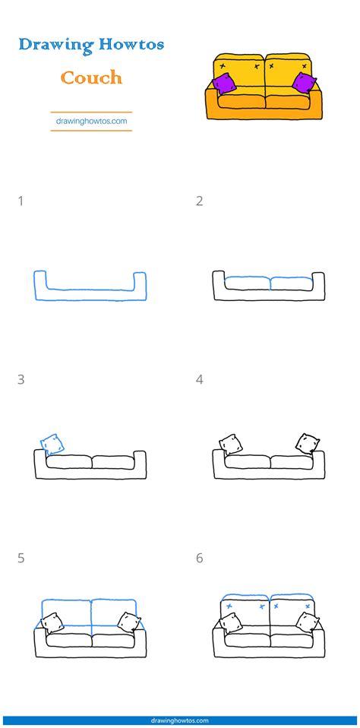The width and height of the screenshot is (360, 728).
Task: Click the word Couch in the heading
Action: [91, 77]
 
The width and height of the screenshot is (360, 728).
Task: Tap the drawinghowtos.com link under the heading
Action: [91, 119]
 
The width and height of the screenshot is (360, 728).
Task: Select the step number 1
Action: [21, 201]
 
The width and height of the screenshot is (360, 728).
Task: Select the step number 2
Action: [199, 201]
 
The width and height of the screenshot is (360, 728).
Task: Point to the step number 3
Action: [21, 379]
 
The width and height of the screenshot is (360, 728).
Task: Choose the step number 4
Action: [199, 379]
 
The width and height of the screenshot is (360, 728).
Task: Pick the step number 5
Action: [21, 559]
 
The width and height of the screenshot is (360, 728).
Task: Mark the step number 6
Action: [199, 559]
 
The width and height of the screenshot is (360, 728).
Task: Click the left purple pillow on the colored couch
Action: [224, 84]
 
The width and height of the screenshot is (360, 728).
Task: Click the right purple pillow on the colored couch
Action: [304, 84]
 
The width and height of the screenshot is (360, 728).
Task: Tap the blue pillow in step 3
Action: [52, 444]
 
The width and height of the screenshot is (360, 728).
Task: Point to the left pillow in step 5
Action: [52, 622]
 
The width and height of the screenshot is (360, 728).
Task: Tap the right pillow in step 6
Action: [307, 622]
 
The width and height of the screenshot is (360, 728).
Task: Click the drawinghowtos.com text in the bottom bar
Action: [180, 720]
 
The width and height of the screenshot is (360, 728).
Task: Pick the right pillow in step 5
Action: [128, 622]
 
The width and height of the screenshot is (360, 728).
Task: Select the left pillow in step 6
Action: [230, 622]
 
